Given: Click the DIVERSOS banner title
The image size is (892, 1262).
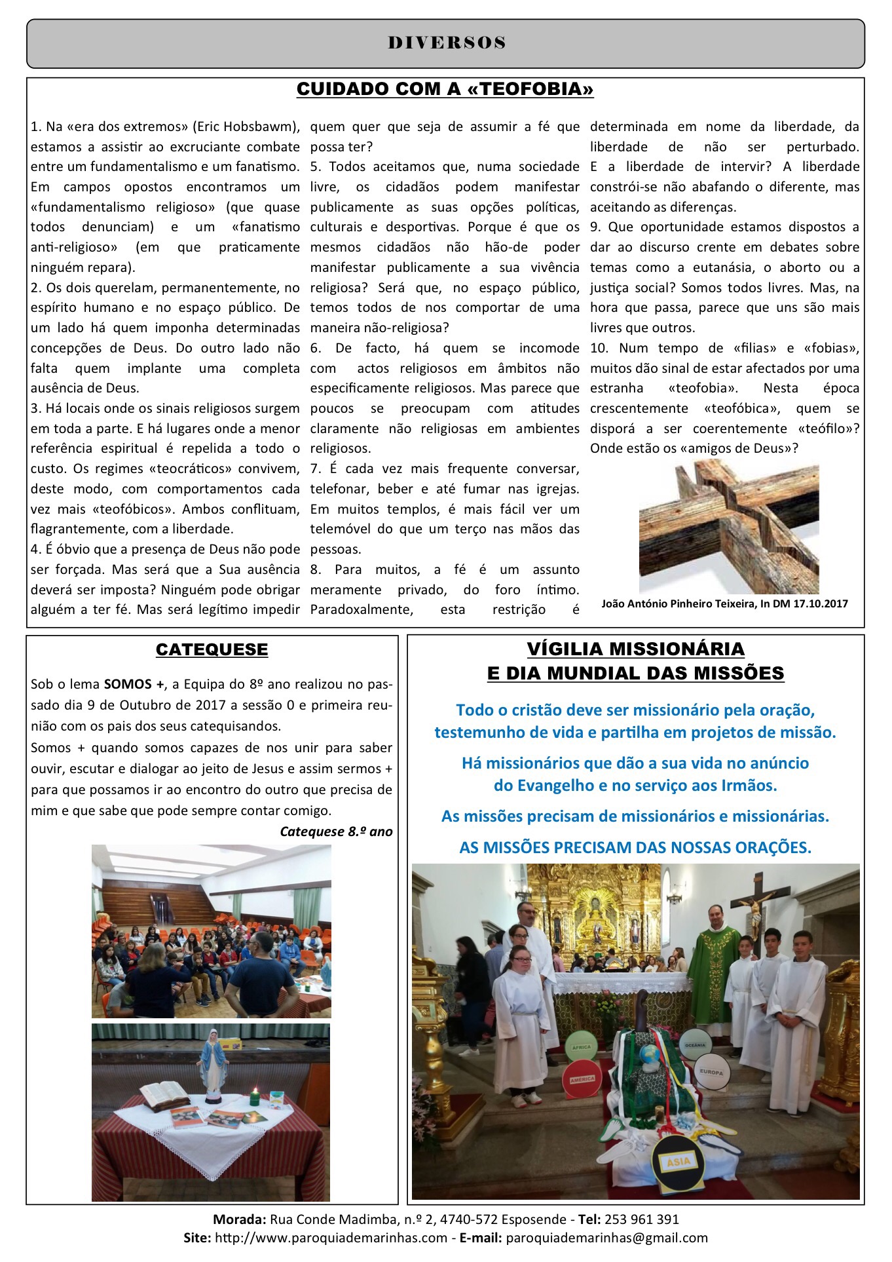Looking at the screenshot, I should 447,43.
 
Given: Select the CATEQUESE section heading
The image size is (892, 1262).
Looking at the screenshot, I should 212,649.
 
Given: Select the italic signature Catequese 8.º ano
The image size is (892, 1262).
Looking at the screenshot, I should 336,832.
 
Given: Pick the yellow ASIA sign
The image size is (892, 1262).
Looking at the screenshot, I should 678,1162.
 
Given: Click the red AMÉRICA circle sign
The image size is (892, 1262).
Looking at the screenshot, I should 581,1078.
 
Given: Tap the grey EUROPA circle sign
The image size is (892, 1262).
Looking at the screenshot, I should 711,1071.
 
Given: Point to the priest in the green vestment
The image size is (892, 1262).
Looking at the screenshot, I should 714,963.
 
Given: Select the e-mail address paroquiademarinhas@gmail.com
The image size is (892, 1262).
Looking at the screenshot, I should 606,1238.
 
